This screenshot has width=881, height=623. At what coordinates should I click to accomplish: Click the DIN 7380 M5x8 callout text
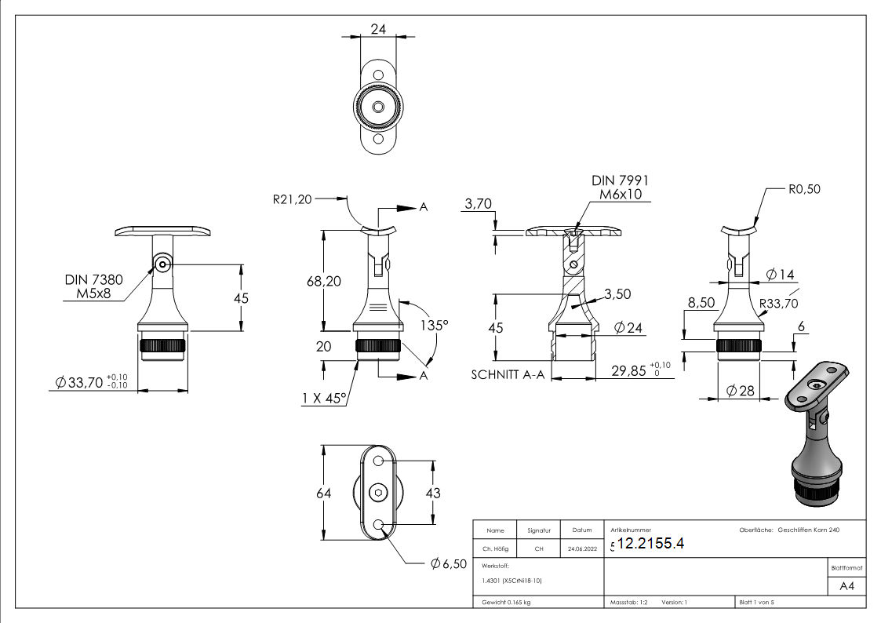click(93, 286)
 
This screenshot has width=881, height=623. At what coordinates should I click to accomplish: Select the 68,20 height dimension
click(324, 282)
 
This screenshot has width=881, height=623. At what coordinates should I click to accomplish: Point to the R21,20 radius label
click(292, 199)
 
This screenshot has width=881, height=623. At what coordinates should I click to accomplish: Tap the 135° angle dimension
click(435, 326)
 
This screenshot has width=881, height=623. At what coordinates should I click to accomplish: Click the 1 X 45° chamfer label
click(324, 399)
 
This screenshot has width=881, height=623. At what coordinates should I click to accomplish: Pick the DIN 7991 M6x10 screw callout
click(620, 188)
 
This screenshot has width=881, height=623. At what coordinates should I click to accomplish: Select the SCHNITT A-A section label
click(508, 375)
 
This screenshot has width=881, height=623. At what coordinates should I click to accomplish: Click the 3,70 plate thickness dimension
click(478, 203)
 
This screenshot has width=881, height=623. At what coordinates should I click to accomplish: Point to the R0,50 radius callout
click(804, 189)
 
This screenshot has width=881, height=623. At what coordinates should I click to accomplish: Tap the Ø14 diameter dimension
click(780, 275)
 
